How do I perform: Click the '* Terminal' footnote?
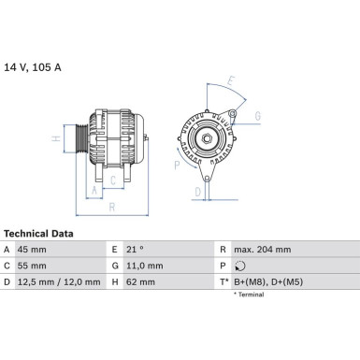pyautogui.click(x=249, y=295)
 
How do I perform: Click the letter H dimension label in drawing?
pyautogui.click(x=56, y=138)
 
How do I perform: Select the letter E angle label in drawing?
pyautogui.click(x=230, y=80)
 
